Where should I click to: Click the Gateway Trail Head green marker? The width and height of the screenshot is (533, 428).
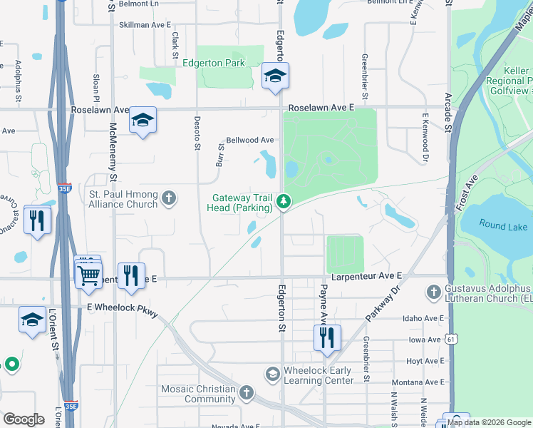tap(284, 203)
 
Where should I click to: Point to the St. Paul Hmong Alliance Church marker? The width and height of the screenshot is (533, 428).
tap(168, 198)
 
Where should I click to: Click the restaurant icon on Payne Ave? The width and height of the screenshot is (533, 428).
tap(327, 337)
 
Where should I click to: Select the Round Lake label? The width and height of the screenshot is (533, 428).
tap(503, 226)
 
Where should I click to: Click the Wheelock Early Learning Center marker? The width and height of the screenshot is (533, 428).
tap(272, 374)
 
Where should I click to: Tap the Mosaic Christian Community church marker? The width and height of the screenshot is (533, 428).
tap(246, 392)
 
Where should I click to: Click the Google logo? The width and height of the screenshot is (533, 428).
tap(24, 419)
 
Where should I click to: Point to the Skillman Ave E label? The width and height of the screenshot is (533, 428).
tap(145, 24)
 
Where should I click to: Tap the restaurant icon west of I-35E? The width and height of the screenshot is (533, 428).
tap(36, 220)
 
